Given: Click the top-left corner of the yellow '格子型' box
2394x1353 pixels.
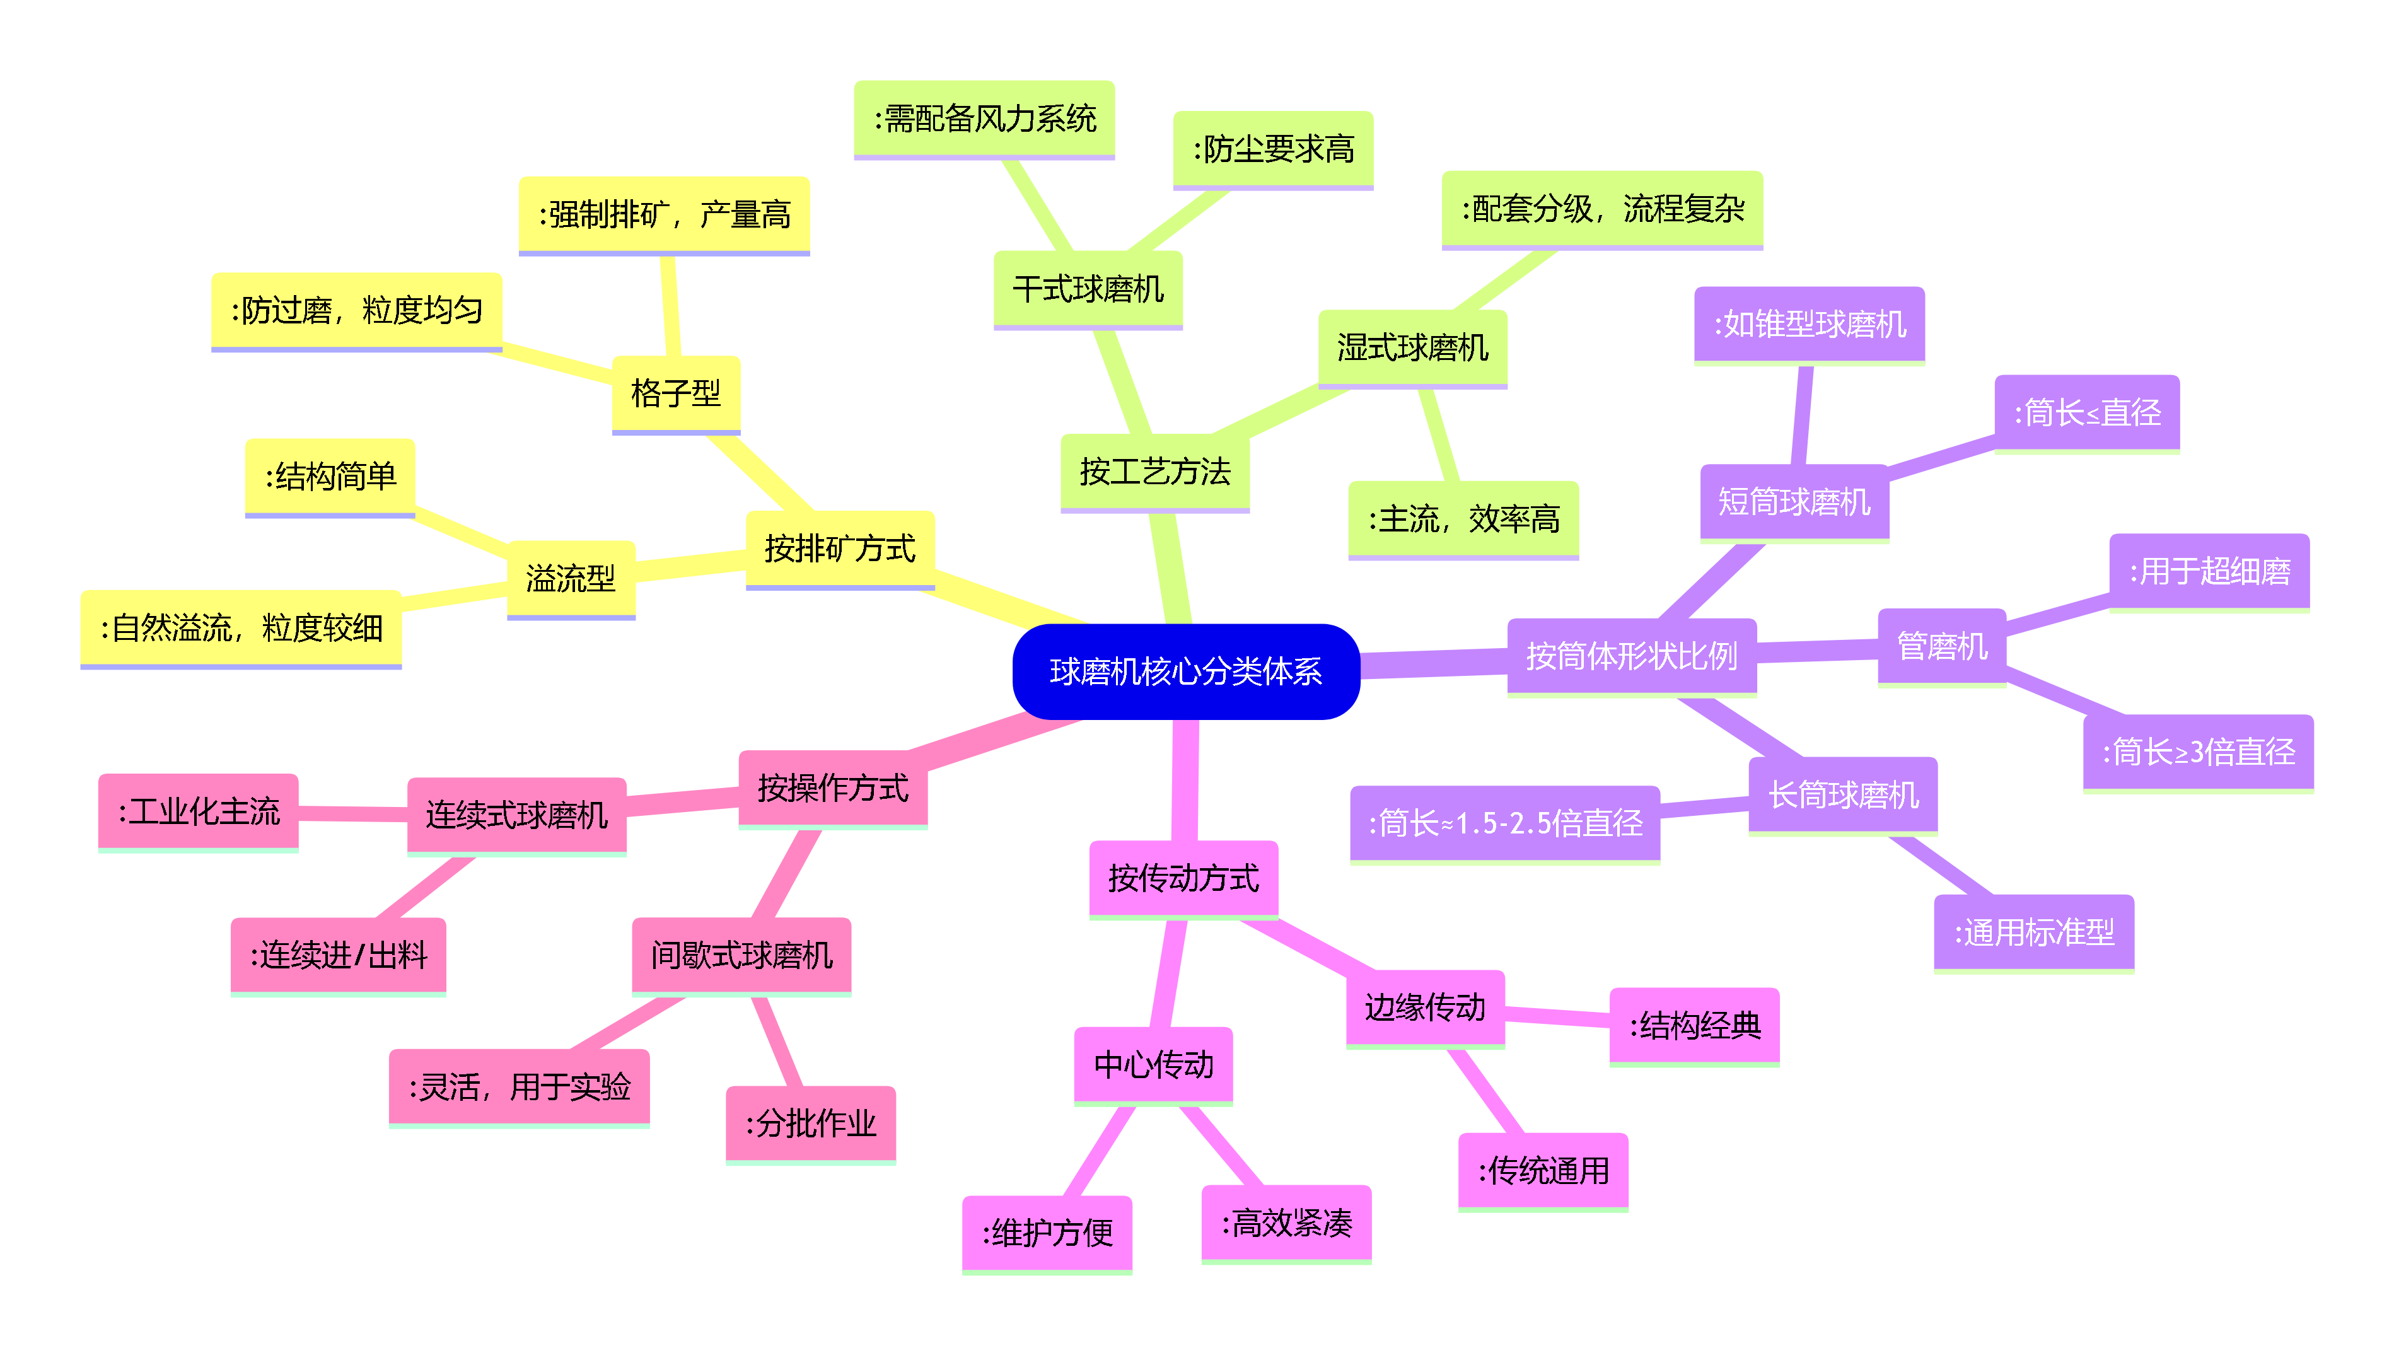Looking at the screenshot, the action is tap(612, 356).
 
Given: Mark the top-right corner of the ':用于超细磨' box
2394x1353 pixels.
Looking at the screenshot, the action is tap(2310, 533).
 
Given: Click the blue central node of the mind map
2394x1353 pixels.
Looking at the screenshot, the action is tap(1186, 671).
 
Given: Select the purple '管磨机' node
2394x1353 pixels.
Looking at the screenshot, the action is tap(1943, 647).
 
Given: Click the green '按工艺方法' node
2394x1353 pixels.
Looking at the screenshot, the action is tap(1155, 472).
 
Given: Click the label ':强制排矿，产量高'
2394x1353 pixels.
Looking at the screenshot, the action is tap(665, 214).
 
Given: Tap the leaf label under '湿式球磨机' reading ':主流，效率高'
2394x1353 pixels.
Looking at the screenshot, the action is tap(1464, 520).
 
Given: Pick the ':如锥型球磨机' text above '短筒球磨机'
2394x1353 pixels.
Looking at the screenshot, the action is tap(1810, 324).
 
